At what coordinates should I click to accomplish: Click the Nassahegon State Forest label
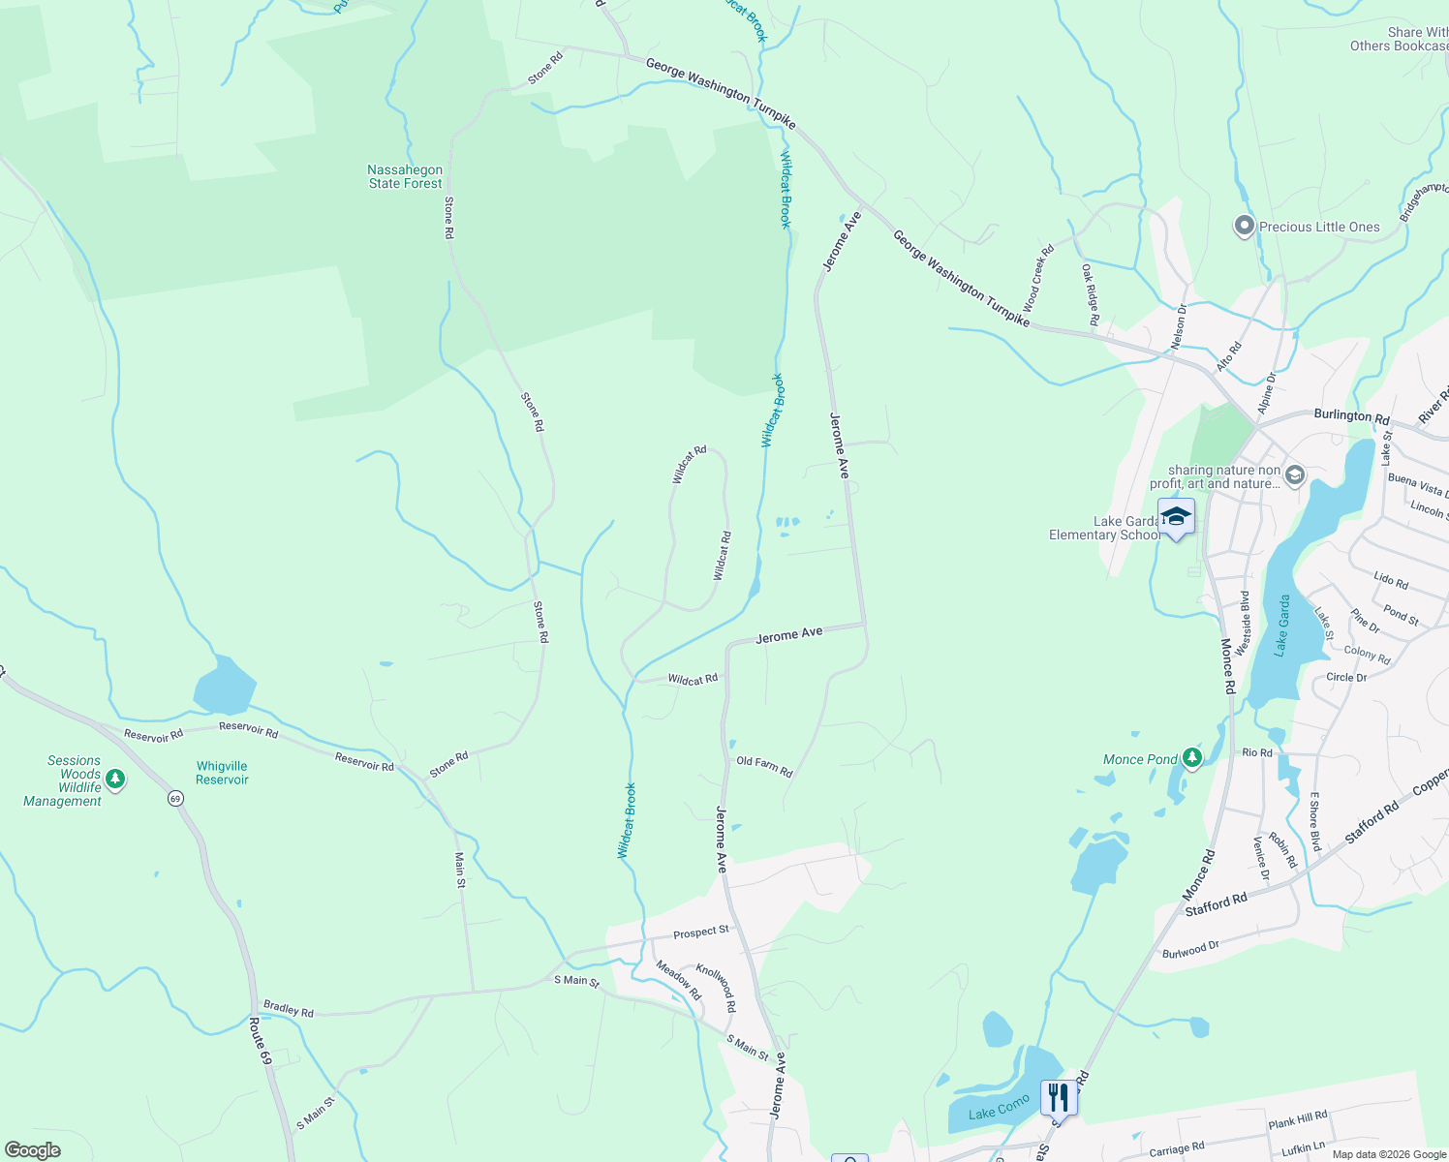(x=405, y=176)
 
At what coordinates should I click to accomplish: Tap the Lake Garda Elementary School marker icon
(x=1176, y=517)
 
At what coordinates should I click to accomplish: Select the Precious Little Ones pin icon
(x=1245, y=227)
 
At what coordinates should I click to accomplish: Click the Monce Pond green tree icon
(x=1192, y=758)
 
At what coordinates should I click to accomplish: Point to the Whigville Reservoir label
(x=222, y=773)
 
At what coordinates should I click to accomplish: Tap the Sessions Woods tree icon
(x=115, y=779)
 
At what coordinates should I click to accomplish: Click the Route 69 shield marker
(x=175, y=799)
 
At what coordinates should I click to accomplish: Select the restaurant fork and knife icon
(x=1059, y=1098)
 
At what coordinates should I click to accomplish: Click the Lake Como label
(x=1000, y=1107)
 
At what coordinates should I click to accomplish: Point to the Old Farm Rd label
(x=764, y=767)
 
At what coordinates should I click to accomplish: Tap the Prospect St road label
(x=701, y=933)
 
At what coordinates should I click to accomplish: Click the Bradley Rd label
(x=289, y=1009)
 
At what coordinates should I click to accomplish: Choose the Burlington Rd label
(x=1351, y=415)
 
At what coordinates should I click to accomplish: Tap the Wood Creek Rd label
(x=1037, y=278)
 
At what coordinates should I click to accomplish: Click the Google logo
(x=32, y=1150)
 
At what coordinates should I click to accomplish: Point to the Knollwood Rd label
(x=717, y=988)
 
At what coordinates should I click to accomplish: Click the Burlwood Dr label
(x=1190, y=950)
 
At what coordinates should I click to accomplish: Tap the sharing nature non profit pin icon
(x=1295, y=476)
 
